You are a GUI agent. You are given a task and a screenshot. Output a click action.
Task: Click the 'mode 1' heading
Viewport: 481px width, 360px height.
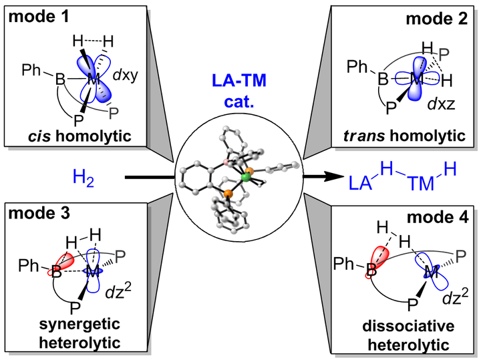pos(39,17)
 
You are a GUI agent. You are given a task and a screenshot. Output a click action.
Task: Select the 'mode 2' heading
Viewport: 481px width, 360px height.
pos(437,19)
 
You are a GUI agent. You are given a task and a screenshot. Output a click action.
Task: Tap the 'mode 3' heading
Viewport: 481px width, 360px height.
pos(39,213)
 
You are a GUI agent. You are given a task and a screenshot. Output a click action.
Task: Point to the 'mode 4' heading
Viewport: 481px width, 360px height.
pos(438,218)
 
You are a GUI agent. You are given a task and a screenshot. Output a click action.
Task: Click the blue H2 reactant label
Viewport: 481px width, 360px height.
pos(83,178)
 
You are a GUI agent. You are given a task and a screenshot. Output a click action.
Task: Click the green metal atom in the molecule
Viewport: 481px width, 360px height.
pos(246,177)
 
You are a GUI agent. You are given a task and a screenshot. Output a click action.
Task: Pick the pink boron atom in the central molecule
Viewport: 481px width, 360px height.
pos(226,162)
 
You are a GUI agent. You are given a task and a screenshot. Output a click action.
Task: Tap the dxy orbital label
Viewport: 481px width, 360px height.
pos(126,75)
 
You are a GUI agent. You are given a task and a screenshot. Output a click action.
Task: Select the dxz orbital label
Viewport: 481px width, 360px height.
pos(442,104)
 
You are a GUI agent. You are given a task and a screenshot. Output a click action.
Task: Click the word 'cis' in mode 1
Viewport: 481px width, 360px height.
pos(39,136)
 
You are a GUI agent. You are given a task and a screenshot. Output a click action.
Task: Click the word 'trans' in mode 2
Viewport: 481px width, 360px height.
pos(364,136)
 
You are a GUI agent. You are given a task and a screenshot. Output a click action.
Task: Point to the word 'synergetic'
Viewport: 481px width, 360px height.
pos(79,325)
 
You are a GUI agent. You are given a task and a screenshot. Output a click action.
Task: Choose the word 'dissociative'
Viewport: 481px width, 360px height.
pos(408,326)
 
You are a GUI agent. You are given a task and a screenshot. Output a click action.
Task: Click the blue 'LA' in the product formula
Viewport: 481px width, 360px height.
pos(361,183)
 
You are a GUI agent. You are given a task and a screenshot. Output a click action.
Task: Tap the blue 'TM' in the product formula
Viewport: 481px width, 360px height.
pos(421,184)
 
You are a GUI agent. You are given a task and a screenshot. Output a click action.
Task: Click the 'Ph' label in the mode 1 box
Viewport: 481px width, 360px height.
pos(31,70)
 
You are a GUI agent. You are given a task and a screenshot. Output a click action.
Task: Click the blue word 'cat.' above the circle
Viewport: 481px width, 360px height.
pos(239,102)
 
